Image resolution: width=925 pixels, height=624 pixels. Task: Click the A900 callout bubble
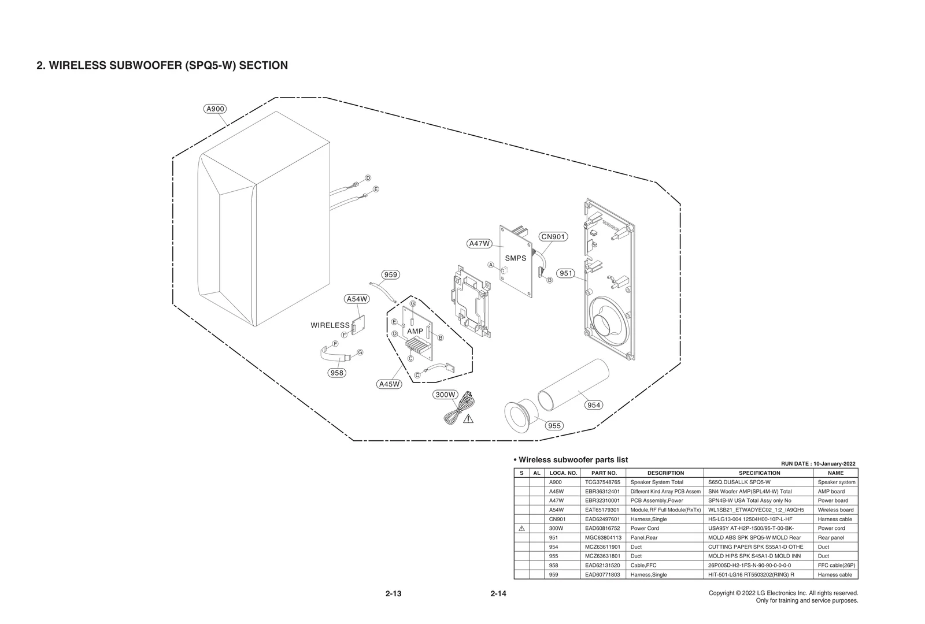[x=216, y=109]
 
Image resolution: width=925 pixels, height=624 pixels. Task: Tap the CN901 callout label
[x=553, y=236]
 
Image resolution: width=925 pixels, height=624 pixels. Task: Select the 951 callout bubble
[x=566, y=273]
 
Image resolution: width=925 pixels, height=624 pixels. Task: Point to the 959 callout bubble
[x=391, y=274]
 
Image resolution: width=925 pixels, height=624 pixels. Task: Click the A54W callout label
[x=357, y=299]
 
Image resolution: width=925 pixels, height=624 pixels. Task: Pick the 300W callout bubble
[x=446, y=395]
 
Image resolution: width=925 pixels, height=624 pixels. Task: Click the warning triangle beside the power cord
[x=468, y=418]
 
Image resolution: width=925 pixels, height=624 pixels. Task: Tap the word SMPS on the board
[x=516, y=258]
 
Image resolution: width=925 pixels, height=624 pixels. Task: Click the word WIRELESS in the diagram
[x=330, y=325]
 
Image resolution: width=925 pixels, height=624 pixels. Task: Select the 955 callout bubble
[x=554, y=425]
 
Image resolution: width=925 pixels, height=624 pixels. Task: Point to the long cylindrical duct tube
[x=572, y=384]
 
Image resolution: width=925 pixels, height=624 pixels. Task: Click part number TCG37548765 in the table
[x=602, y=482]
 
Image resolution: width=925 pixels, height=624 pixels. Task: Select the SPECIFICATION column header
[x=759, y=473]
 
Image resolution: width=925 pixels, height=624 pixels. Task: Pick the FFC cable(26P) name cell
[x=836, y=565]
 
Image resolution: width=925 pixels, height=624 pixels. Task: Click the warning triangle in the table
[x=521, y=528]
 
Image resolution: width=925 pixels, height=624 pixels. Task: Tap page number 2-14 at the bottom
[x=498, y=593]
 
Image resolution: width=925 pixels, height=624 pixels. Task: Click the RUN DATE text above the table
[x=818, y=463]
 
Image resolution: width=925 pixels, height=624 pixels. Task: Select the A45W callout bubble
[x=389, y=384]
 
